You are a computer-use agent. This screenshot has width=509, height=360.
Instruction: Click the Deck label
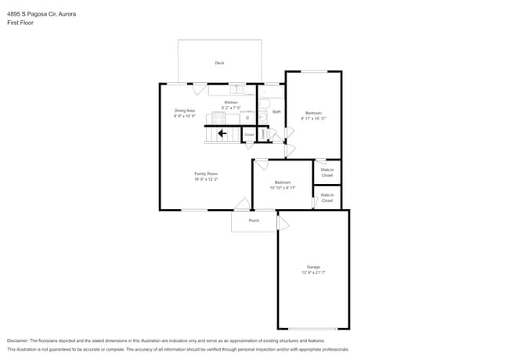pos(219,63)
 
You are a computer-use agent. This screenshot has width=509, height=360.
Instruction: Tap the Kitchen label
pos(231,103)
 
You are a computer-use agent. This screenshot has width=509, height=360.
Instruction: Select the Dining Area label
pos(185,110)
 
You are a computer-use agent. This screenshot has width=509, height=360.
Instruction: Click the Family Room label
pos(206,173)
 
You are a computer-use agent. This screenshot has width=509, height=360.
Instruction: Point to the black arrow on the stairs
pos(222,134)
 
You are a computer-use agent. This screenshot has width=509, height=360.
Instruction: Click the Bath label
pos(276,112)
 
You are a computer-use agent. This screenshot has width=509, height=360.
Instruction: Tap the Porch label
pos(254,221)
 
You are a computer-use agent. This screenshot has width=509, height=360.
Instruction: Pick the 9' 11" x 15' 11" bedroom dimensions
pos(313,118)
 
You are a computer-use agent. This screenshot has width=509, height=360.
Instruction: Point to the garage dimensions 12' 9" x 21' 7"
pos(313,272)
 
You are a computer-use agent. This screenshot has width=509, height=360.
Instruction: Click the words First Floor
pos(20,23)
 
